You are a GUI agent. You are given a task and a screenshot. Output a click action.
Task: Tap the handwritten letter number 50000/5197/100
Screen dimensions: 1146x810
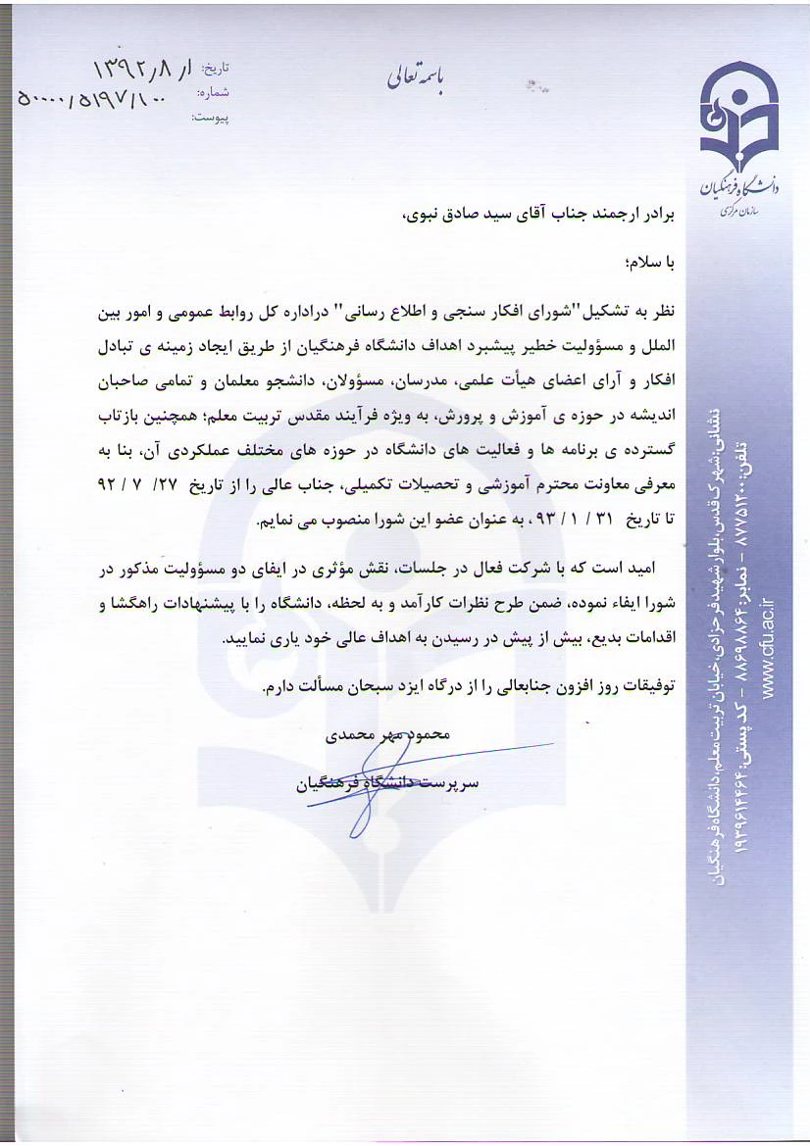coord(90,98)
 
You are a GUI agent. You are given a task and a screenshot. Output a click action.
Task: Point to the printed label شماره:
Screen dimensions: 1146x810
coord(213,93)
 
